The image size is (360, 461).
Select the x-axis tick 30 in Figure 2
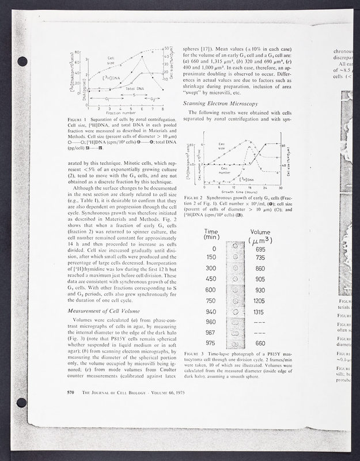279,187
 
